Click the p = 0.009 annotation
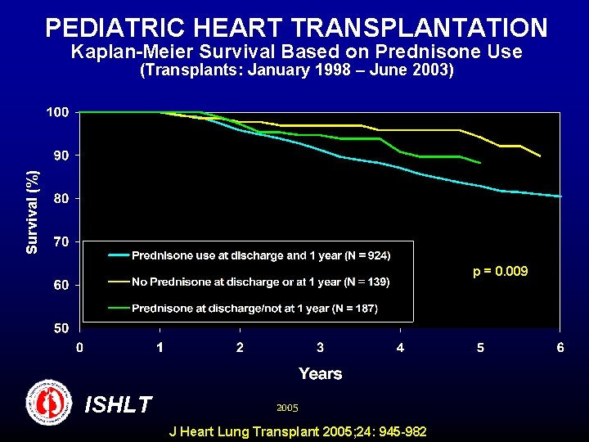pos(501,271)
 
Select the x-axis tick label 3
pos(321,347)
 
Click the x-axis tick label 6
pos(560,347)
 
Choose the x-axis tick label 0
pos(79,347)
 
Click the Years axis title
pos(320,373)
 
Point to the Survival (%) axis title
pos(32,211)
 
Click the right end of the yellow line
pos(540,156)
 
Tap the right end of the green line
pos(480,163)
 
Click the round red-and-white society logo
pos(50,403)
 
